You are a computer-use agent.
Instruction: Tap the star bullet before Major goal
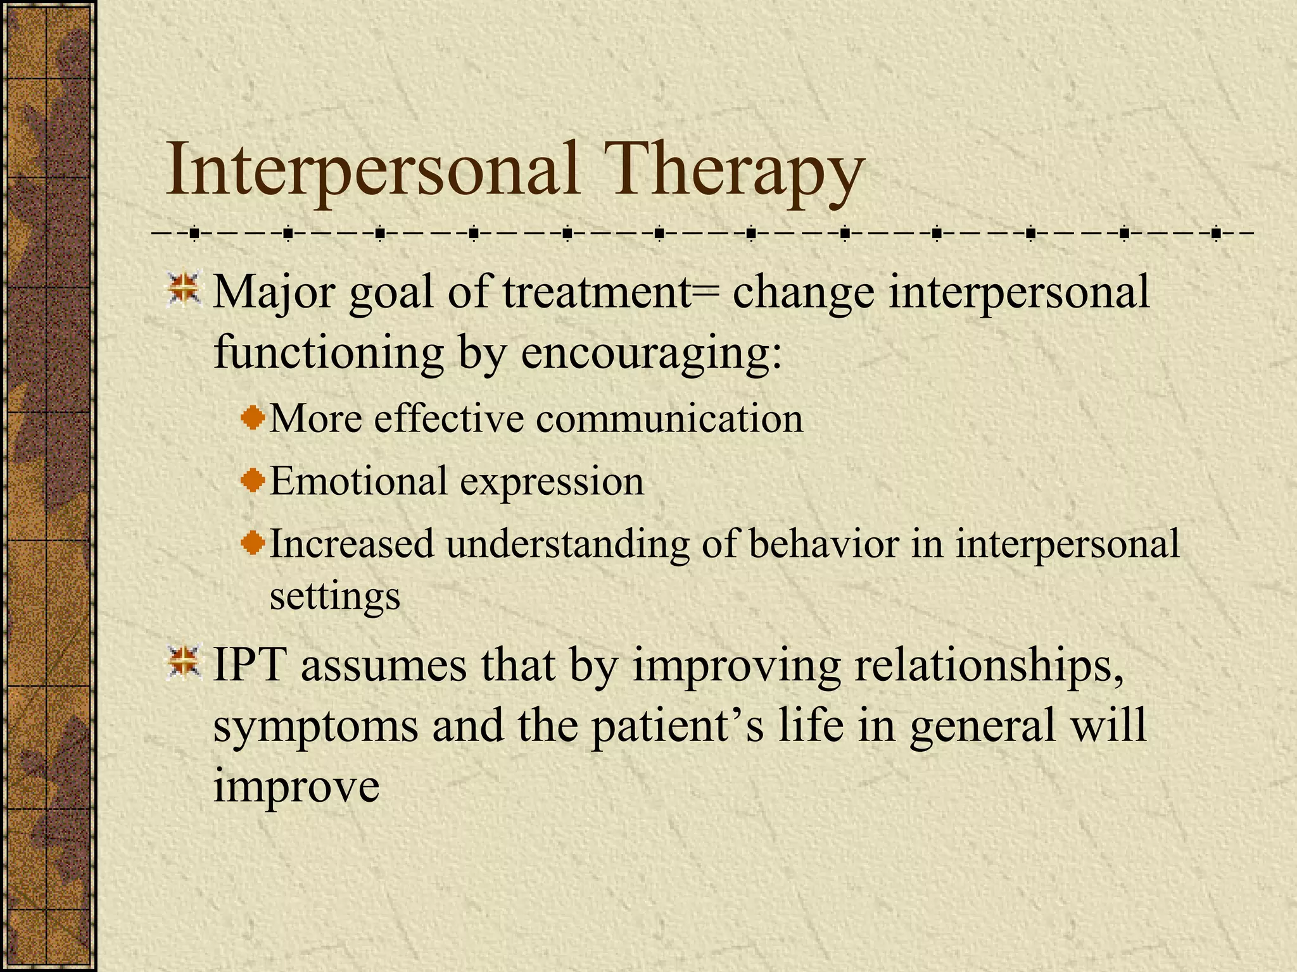(x=184, y=290)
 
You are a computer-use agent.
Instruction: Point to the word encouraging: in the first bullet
(x=652, y=352)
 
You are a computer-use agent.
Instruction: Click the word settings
(x=335, y=596)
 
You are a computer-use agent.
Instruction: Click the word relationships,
(x=989, y=666)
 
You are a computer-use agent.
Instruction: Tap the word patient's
(x=678, y=726)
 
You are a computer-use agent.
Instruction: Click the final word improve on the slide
(x=296, y=787)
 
